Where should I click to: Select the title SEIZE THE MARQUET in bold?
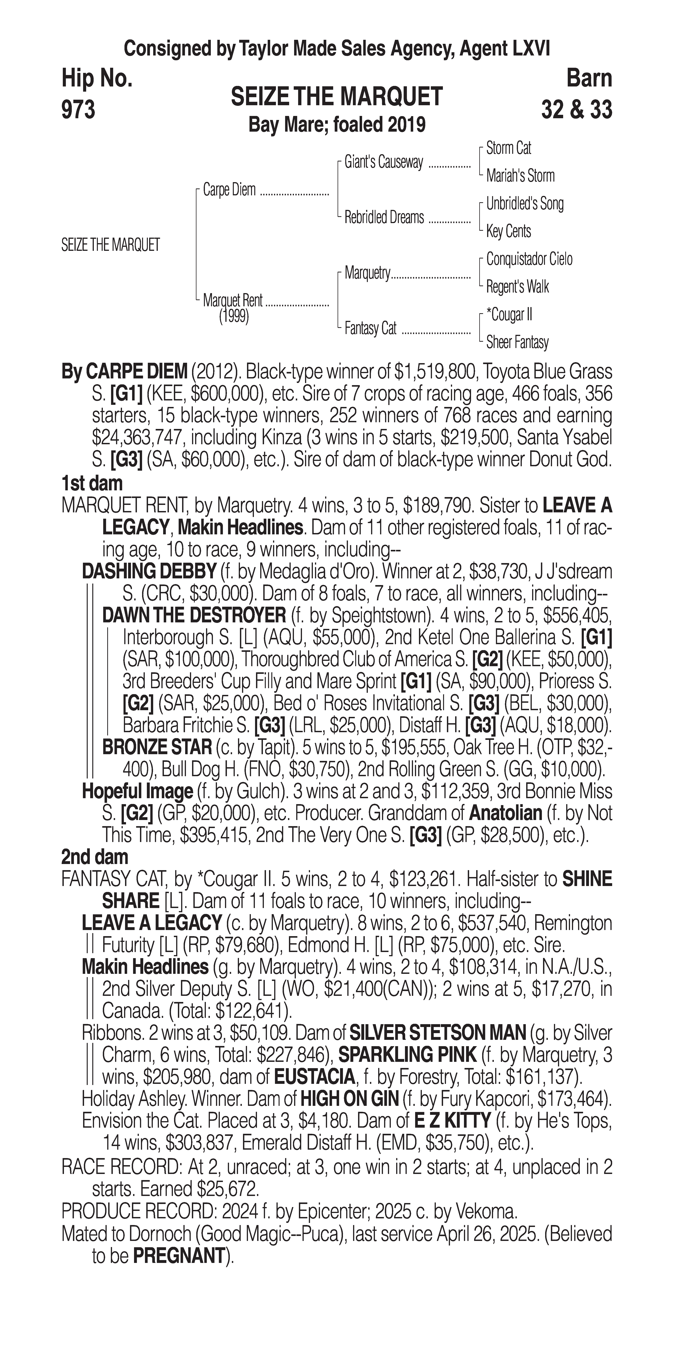337,97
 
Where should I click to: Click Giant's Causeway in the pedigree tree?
384,162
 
